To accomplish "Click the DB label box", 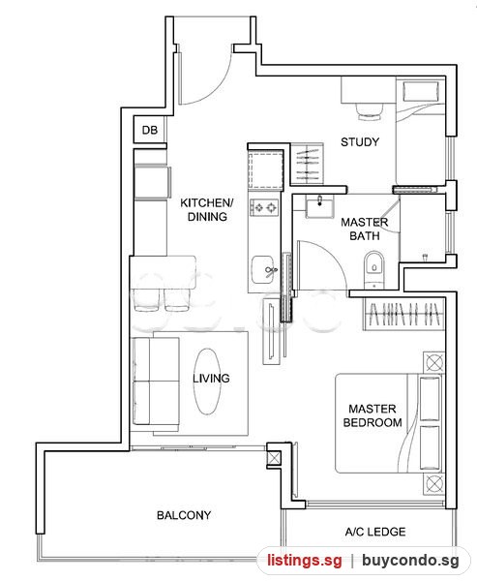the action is click(x=150, y=130).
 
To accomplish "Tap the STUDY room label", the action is click(x=360, y=142).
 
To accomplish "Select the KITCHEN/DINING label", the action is click(x=207, y=210).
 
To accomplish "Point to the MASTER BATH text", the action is click(x=365, y=229).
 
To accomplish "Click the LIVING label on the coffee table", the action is click(x=211, y=379).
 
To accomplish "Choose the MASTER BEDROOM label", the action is click(x=373, y=415).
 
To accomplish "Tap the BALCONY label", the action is click(x=184, y=515).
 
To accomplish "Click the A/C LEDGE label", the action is click(x=375, y=532).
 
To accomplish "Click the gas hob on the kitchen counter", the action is click(x=264, y=207).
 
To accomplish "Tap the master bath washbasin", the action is click(x=319, y=206).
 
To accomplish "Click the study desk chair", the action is click(x=370, y=111).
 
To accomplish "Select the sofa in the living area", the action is click(x=156, y=382).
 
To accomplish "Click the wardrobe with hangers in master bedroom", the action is click(x=404, y=314).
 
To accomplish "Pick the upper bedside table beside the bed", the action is click(x=433, y=361).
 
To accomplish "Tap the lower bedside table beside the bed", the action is click(x=433, y=483).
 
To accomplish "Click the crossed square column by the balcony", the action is click(x=274, y=458).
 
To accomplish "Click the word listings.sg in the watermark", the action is click(x=305, y=560).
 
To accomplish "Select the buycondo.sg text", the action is click(x=410, y=561).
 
